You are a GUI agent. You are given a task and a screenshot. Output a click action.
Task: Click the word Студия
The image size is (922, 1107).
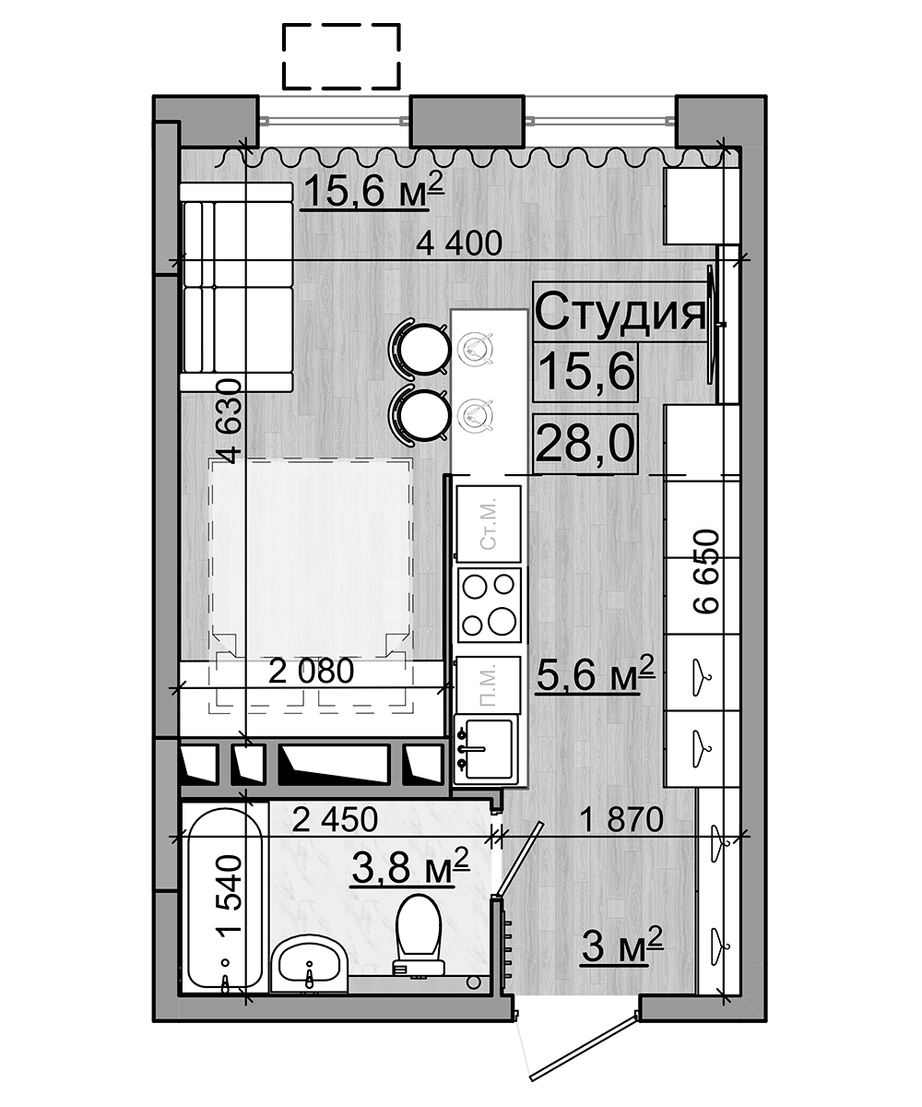click(x=620, y=313)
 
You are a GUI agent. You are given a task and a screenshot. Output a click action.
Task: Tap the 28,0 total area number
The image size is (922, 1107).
click(x=585, y=445)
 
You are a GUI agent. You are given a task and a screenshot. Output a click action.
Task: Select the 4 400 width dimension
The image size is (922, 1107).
click(x=458, y=244)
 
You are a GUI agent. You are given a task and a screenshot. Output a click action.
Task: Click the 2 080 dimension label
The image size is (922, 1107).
click(x=311, y=672)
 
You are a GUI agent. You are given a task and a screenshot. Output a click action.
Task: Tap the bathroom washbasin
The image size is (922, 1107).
click(x=309, y=965)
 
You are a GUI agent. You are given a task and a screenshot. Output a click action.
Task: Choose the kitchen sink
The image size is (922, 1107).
click(x=485, y=747)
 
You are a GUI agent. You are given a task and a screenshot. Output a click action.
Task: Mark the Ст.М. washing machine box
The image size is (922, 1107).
click(x=490, y=521)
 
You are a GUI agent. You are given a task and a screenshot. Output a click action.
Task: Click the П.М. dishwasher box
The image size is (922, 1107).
click(x=490, y=683)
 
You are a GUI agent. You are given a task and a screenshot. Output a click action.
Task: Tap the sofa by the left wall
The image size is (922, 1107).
click(x=236, y=287)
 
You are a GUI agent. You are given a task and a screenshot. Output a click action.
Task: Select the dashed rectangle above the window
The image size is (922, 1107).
click(x=340, y=55)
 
